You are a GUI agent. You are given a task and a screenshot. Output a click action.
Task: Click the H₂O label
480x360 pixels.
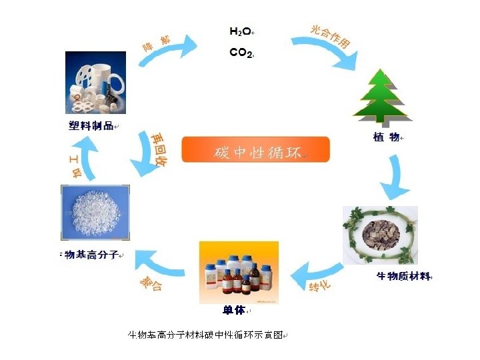[x=241, y=31]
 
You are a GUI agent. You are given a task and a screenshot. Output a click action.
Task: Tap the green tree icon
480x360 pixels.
[x=382, y=97]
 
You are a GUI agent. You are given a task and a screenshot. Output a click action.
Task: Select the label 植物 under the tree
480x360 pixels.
[x=385, y=137]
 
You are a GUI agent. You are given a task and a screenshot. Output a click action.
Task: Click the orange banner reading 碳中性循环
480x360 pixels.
[x=256, y=150]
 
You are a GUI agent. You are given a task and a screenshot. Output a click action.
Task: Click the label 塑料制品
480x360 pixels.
[x=91, y=126]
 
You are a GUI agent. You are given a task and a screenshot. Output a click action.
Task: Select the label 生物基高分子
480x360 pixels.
[x=89, y=255]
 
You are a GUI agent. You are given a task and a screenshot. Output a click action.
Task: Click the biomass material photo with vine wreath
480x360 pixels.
[x=379, y=235]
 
